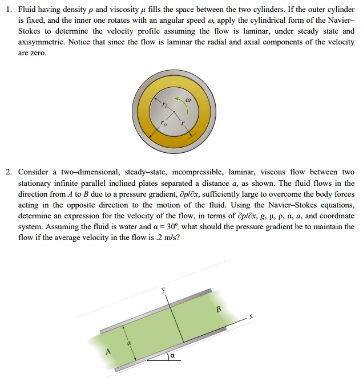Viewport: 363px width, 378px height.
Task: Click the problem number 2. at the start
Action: pyautogui.click(x=9, y=172)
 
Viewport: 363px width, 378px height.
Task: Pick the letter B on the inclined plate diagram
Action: pyautogui.click(x=218, y=310)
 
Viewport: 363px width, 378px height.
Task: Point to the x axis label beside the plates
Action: pyautogui.click(x=250, y=316)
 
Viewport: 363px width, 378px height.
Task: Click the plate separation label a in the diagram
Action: pyautogui.click(x=129, y=342)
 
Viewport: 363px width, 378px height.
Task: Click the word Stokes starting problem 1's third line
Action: pyautogui.click(x=30, y=31)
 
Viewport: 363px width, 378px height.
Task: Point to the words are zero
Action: pyautogui.click(x=33, y=52)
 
